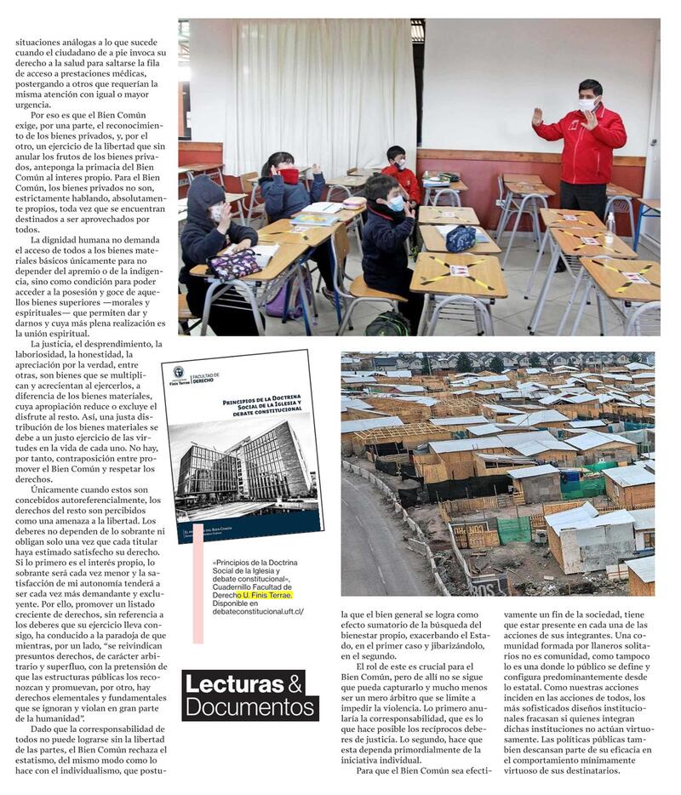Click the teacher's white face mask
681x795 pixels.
point(587,103)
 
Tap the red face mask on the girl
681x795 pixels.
point(289,175)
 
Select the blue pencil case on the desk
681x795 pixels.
point(461,238)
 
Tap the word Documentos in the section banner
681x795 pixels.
point(249,706)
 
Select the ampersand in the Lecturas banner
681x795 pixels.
point(295,683)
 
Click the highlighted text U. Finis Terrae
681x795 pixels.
point(270,594)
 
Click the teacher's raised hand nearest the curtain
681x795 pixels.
point(537,117)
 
